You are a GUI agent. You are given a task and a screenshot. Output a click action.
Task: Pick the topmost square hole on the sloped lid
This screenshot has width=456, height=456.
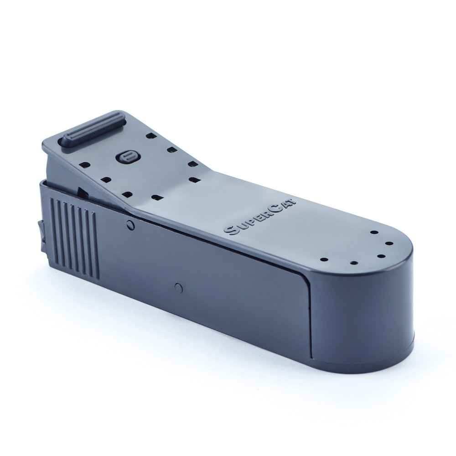coord(150,135)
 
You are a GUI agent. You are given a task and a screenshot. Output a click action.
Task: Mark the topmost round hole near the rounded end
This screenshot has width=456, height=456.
coord(373,232)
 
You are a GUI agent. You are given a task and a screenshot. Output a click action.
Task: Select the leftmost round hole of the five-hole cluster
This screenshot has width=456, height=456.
coord(324,260)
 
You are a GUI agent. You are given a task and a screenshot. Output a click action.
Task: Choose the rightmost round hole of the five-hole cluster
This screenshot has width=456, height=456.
coord(391,244)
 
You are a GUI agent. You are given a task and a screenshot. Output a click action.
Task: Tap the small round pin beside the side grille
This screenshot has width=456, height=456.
coord(131,224)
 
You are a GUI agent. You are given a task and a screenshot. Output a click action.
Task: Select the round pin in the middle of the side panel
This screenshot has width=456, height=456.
coord(179,287)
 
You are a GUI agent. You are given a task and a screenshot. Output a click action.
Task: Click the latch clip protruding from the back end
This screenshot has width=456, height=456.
coord(41,235)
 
